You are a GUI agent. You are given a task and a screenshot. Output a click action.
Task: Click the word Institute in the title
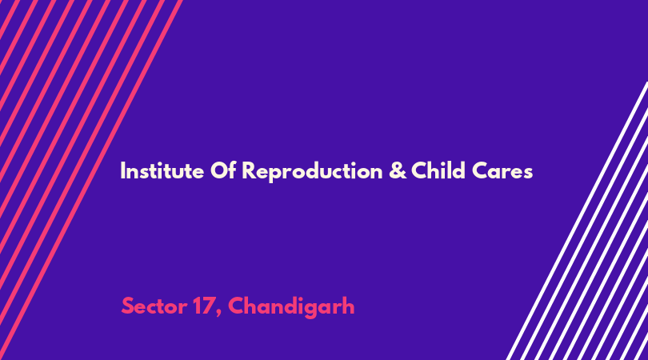tap(162, 170)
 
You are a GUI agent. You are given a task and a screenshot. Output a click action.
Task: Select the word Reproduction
tap(313, 172)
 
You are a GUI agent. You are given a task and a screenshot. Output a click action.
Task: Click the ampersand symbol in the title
tap(398, 170)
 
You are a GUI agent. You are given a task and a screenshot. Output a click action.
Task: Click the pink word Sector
tap(154, 306)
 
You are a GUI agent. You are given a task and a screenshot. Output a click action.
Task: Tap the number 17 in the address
tap(203, 306)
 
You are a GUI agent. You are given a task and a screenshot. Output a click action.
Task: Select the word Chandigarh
tap(291, 307)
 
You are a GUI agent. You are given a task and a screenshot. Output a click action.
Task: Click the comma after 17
tap(218, 314)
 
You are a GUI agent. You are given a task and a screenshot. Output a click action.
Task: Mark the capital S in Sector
tap(128, 306)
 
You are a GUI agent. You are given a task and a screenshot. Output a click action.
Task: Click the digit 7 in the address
tap(207, 306)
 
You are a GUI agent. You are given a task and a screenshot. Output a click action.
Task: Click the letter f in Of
tap(232, 170)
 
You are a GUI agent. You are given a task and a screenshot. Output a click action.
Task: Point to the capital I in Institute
tap(122, 170)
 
